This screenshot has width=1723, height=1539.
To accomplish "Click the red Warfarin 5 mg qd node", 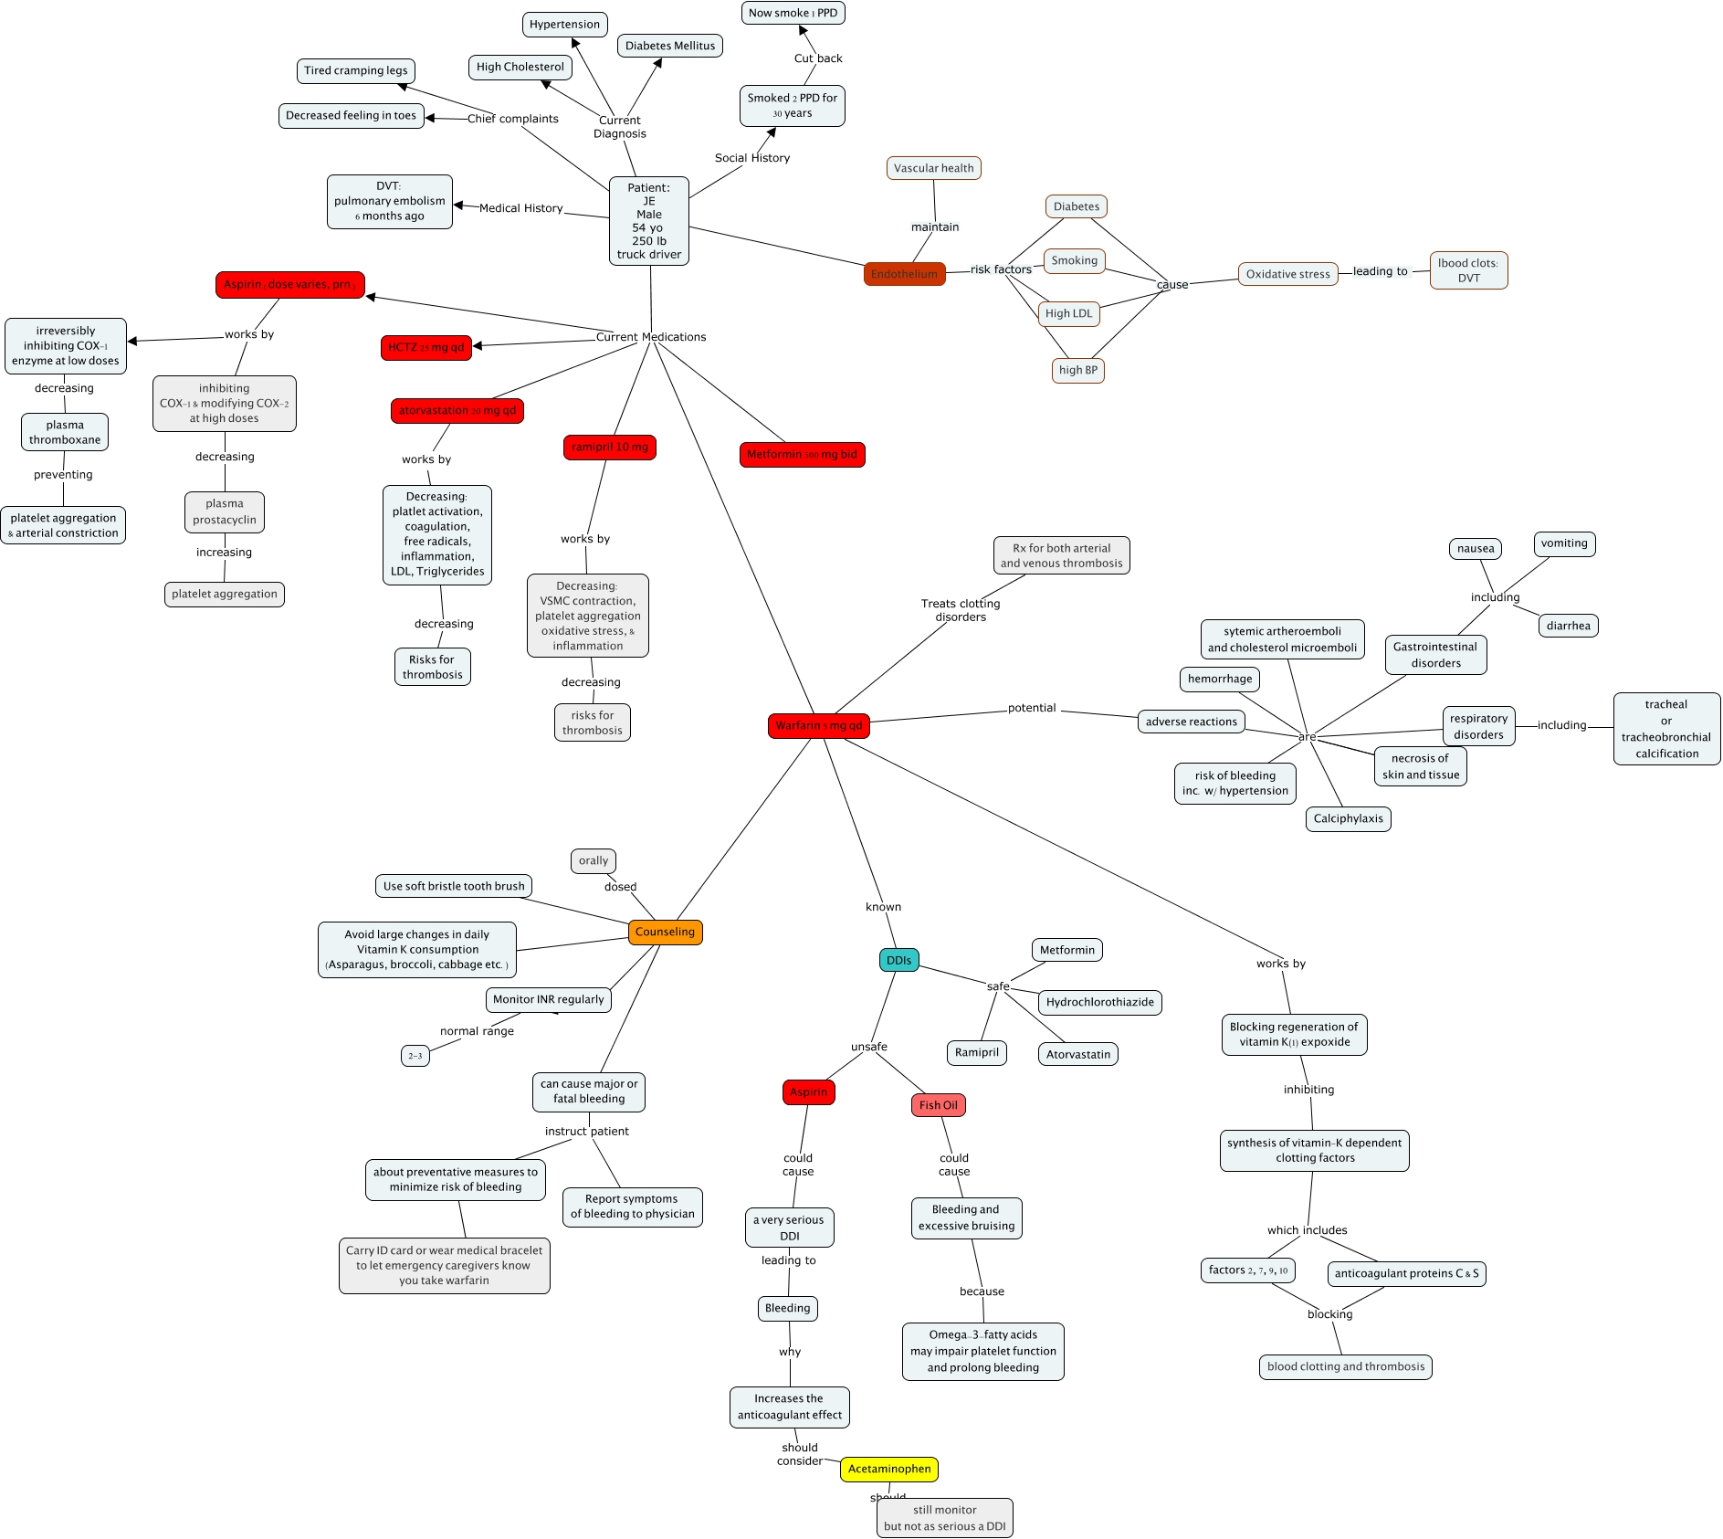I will point(818,726).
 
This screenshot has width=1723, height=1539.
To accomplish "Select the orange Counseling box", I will point(665,933).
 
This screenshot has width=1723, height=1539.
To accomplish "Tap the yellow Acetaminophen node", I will point(888,1469).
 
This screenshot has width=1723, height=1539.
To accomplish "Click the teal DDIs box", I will point(898,960).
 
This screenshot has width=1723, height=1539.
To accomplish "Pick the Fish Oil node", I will point(938,1105).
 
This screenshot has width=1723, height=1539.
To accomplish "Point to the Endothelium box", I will point(904,274).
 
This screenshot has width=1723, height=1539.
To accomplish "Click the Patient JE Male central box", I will point(648,221).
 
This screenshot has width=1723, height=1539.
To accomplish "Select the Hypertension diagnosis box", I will point(564,25).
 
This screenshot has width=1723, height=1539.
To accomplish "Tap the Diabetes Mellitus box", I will point(669,46).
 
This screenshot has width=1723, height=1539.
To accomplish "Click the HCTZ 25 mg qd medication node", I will point(425,348).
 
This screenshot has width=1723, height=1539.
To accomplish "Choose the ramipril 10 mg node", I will point(609,448).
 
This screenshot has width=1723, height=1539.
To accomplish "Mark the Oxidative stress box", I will point(1287,274).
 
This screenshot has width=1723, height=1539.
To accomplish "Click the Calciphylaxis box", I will point(1348,818).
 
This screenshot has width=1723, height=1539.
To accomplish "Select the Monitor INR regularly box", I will point(548,999).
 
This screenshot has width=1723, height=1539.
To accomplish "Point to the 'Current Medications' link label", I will point(650,337).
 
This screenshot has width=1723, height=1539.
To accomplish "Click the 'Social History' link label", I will point(751,158).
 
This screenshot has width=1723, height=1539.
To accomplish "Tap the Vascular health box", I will point(933,168).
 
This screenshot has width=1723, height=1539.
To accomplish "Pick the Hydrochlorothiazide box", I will point(1099,1002).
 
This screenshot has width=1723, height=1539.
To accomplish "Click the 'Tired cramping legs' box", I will point(355,71).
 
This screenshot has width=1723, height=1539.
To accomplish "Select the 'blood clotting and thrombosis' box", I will point(1345,1367).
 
